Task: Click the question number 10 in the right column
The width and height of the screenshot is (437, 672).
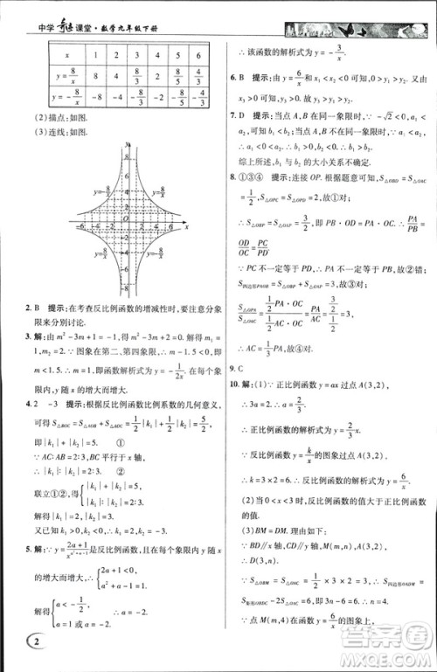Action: click(x=233, y=385)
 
